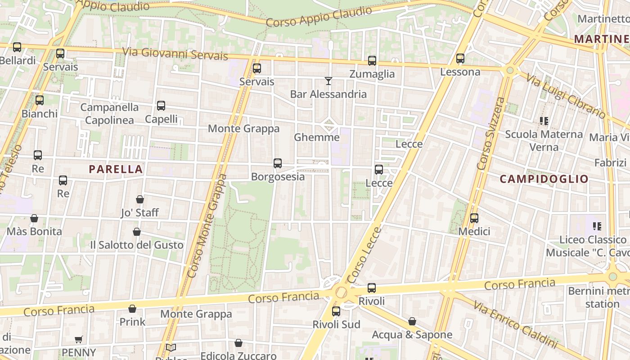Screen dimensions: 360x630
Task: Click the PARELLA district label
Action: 116,169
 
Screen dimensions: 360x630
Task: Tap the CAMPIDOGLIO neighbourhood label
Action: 544,179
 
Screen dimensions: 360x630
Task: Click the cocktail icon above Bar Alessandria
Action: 328,81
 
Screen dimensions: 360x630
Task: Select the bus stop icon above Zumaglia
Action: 372,61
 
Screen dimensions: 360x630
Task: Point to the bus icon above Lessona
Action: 460,58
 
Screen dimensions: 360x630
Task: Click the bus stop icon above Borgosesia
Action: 278,163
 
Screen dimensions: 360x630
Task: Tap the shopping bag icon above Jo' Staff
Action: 140,199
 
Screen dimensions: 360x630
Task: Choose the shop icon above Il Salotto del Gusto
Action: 137,232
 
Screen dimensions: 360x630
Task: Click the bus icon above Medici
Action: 474,218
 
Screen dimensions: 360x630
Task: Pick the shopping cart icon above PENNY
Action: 79,339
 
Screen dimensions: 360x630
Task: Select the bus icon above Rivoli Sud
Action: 336,311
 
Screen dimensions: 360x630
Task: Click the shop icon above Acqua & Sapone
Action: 412,321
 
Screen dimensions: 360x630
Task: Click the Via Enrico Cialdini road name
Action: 515,325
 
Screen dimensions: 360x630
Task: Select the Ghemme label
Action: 316,137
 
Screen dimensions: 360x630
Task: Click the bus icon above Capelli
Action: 161,106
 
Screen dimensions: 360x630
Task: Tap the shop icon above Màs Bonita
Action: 34,218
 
